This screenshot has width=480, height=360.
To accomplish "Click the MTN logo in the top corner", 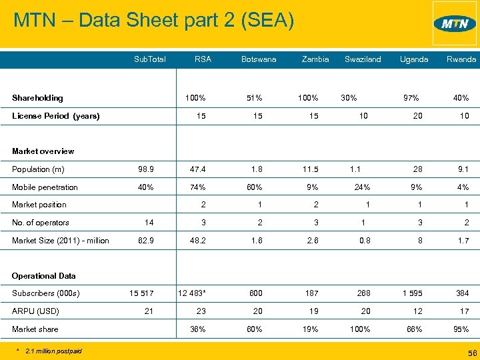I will point(455,24).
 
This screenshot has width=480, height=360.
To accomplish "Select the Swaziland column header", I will point(363,59).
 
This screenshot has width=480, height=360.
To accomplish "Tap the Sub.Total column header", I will point(149,59).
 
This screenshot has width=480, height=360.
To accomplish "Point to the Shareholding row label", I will point(37,98).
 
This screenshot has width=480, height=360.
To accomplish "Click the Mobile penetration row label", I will point(45,187).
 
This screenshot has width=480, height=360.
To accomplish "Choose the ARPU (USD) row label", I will point(35,311).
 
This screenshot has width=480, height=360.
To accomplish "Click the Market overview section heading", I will point(43,151).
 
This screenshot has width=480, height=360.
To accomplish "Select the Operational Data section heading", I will point(43,275).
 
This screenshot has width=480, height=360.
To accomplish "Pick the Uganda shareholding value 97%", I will point(411,98).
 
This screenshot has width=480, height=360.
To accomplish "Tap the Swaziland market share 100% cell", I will point(361,329).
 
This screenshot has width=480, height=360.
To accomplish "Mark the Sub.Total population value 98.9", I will point(145,169).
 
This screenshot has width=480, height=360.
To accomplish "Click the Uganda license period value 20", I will point(417,116).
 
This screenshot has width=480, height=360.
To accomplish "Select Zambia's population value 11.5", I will point(311,169).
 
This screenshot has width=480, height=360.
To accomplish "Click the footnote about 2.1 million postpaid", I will point(52,350).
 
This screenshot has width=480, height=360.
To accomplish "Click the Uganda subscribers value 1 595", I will point(412,293).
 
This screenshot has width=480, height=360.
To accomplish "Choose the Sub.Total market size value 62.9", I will point(145,241).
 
